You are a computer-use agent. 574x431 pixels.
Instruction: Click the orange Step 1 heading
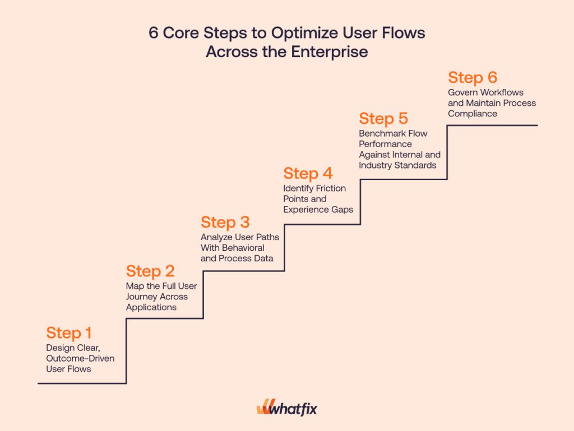[69, 333]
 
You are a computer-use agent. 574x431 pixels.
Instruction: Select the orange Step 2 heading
[150, 271]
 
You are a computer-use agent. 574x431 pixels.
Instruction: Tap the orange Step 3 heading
[225, 222]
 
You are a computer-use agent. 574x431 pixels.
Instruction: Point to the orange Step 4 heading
[308, 174]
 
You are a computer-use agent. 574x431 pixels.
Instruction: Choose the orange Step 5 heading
[383, 119]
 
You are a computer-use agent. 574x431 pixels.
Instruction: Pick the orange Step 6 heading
[473, 78]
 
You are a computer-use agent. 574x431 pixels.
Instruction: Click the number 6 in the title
[154, 33]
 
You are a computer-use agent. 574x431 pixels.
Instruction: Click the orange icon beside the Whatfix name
[263, 409]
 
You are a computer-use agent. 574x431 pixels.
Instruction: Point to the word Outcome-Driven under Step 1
[80, 358]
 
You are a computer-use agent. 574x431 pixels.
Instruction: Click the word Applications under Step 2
[151, 307]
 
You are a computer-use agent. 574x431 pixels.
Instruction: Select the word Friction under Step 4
[330, 188]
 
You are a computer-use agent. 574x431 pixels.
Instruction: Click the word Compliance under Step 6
[473, 114]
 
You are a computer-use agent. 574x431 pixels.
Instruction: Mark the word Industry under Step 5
[376, 165]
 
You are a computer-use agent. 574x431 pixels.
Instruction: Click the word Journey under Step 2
[141, 297]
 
